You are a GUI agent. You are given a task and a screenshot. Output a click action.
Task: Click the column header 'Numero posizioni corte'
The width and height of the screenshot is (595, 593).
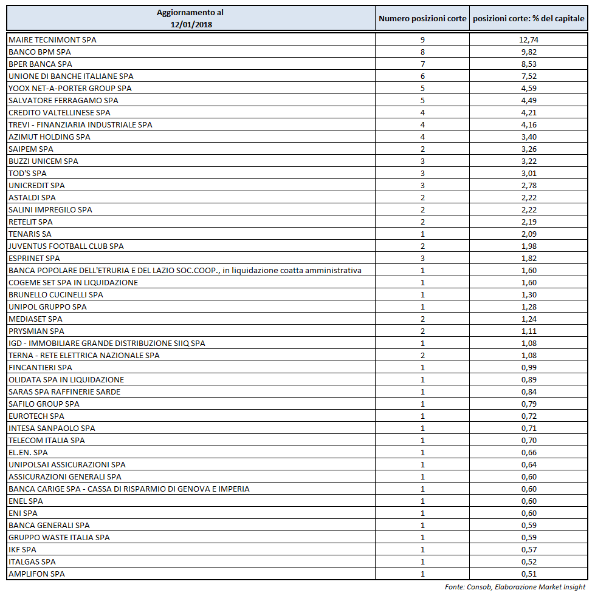422,19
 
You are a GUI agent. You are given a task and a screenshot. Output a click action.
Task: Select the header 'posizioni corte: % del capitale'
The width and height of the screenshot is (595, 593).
528,19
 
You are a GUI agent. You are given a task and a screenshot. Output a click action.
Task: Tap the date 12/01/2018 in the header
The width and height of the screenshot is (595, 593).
190,24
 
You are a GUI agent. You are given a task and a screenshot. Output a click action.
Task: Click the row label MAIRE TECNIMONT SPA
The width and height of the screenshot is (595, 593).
52,39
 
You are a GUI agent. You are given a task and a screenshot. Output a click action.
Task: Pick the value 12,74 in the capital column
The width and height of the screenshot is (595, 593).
528,39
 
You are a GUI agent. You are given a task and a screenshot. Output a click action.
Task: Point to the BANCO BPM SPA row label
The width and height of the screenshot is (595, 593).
40,52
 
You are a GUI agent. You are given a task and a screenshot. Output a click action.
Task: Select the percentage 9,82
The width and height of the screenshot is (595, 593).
528,52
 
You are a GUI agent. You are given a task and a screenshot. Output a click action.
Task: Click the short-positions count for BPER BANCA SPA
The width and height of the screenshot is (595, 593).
422,64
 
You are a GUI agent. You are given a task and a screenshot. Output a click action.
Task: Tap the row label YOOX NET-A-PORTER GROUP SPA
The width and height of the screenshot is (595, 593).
70,88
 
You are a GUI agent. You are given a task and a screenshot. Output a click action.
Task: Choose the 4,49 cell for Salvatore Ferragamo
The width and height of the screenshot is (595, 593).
528,100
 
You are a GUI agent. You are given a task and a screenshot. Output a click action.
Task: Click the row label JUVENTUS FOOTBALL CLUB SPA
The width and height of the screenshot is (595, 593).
66,246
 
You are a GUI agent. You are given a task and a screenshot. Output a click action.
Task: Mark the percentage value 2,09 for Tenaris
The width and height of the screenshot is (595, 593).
528,234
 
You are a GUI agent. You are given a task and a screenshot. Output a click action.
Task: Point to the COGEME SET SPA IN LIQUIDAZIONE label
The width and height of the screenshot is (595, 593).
73,282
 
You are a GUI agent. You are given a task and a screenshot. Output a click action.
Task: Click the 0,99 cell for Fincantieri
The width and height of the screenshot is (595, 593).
528,367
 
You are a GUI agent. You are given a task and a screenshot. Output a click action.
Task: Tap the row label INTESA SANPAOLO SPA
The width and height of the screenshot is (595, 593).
52,428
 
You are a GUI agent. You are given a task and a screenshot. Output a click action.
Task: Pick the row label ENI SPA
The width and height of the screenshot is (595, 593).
23,513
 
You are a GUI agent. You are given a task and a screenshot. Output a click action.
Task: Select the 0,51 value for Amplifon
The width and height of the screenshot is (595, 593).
528,574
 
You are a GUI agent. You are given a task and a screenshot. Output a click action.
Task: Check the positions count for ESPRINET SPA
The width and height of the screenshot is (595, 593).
422,258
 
